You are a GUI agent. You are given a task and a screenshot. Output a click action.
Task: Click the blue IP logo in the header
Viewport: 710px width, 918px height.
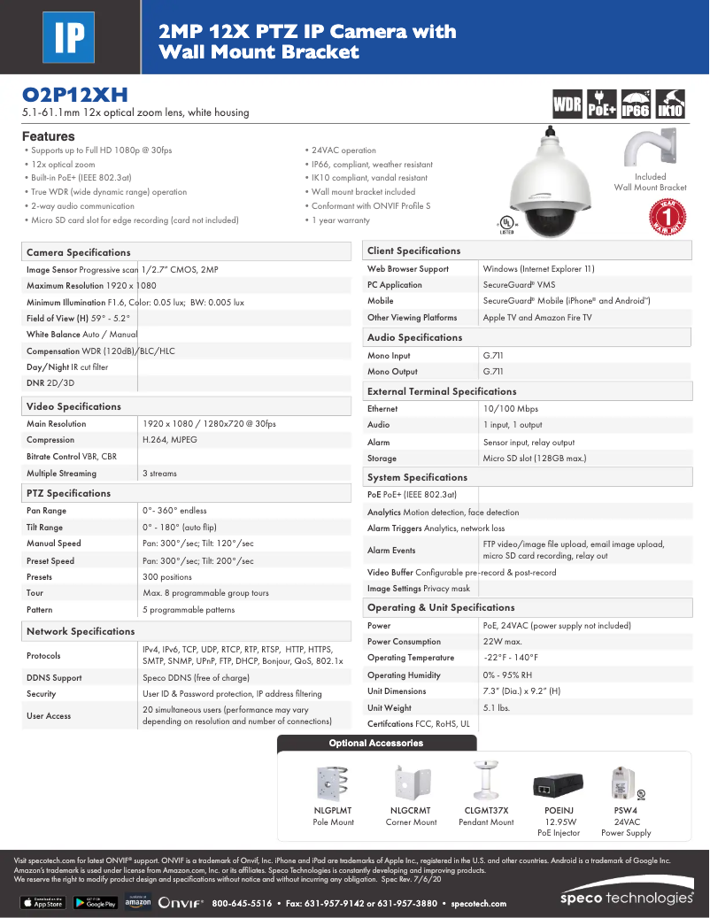click(70, 36)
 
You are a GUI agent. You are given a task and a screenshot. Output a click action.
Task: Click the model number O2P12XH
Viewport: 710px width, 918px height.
click(74, 95)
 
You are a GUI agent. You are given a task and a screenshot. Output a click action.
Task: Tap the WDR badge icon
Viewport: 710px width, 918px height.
click(567, 104)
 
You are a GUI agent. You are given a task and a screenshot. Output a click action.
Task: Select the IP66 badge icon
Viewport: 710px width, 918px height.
click(636, 104)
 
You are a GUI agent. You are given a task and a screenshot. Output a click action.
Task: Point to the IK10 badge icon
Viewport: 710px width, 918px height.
click(670, 104)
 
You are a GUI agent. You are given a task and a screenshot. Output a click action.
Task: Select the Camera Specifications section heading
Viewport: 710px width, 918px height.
click(79, 252)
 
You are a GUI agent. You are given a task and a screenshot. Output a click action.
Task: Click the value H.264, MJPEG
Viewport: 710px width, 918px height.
click(170, 440)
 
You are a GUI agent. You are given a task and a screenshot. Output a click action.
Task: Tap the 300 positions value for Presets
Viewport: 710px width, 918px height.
click(167, 577)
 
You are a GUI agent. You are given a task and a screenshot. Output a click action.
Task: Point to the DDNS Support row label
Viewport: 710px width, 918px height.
click(54, 678)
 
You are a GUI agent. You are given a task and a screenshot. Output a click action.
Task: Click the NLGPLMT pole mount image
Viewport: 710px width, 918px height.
click(333, 783)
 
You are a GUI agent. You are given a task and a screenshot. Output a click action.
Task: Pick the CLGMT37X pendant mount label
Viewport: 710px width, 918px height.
click(486, 810)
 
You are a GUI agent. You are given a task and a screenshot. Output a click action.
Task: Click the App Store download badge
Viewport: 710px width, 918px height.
click(42, 903)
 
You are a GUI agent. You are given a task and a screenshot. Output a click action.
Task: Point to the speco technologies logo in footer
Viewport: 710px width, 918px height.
click(627, 898)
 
